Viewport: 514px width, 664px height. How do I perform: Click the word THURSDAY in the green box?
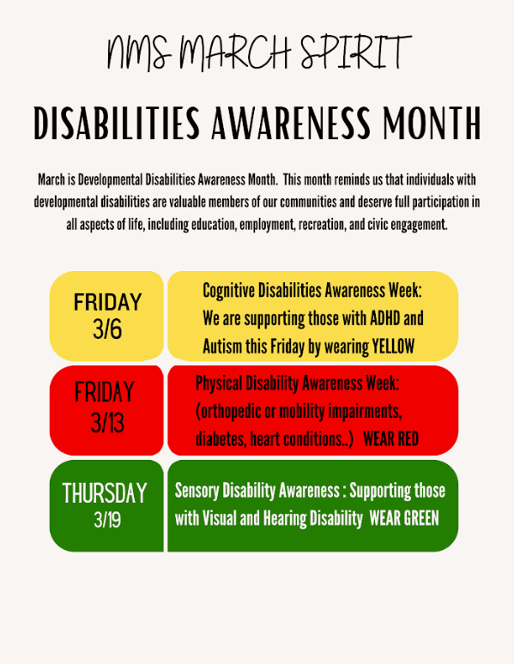click(105, 493)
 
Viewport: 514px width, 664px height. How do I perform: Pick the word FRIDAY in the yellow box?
click(107, 302)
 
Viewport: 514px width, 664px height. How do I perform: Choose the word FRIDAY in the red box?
click(105, 393)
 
